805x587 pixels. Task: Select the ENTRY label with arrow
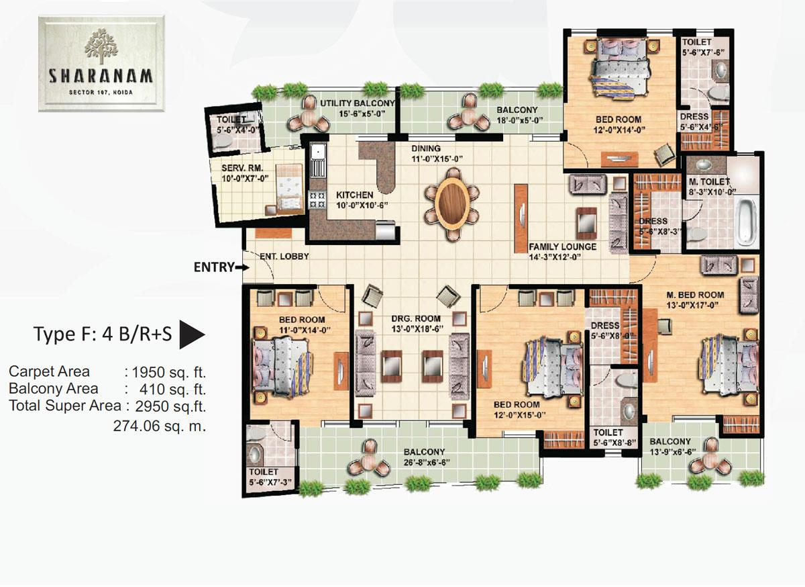(x=215, y=267)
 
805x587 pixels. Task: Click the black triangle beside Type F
(x=193, y=334)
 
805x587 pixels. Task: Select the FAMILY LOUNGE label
(x=562, y=246)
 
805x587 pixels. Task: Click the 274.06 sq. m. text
(x=160, y=425)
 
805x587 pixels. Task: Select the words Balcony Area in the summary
(x=53, y=388)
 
